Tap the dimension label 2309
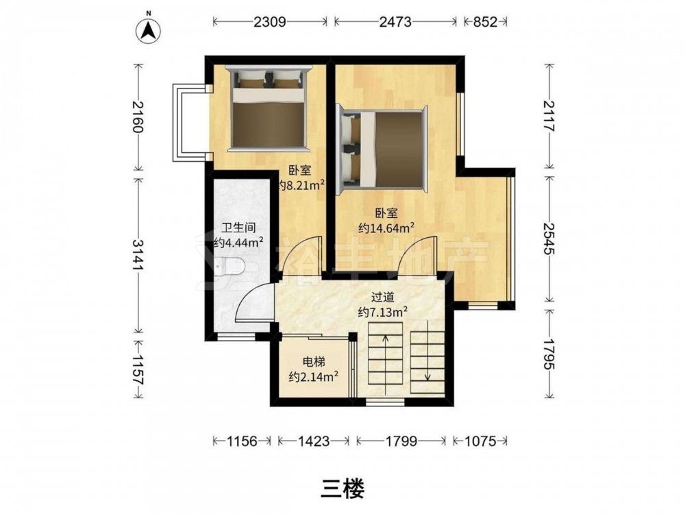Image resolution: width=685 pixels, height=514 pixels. [x=269, y=21]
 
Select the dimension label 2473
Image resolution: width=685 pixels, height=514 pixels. [x=395, y=21]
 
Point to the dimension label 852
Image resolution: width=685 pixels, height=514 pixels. [x=486, y=21]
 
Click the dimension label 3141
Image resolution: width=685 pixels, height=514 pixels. [x=139, y=254]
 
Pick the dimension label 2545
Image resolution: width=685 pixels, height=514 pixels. [x=549, y=238]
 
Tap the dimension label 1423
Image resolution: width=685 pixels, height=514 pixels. [x=314, y=441]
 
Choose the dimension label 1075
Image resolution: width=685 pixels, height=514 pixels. [x=480, y=441]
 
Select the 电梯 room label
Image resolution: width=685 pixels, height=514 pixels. [x=314, y=362]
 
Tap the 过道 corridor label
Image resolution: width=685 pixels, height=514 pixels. [x=383, y=297]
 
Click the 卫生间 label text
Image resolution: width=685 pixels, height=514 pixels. [x=238, y=228]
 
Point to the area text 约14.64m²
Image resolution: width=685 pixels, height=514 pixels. [x=386, y=228]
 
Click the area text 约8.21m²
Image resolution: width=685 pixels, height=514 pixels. [x=301, y=185]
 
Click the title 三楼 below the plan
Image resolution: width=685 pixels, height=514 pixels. [x=342, y=489]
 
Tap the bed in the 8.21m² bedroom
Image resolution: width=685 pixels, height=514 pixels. [x=269, y=108]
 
